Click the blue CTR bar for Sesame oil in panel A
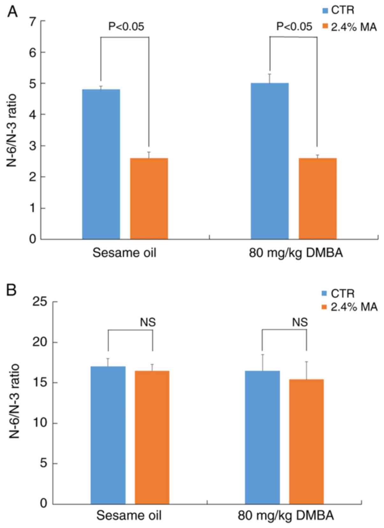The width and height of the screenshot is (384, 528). pos(101,164)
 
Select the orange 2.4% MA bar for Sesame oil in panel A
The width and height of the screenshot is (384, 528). pos(149,199)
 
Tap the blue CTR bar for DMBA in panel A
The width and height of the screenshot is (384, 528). pos(270,161)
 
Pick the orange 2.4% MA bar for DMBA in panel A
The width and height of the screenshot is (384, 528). pos(317,199)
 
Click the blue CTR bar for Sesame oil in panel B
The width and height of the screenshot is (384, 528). pos(108,435)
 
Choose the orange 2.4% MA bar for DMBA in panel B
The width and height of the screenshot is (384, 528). pos(306,441)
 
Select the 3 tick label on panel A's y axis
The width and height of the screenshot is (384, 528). pos(33,146)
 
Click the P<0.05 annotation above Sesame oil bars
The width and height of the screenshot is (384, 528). pos(126,26)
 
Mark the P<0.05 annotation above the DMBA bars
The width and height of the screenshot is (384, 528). pos(294,26)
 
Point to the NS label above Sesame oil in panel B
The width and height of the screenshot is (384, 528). pos(148,322)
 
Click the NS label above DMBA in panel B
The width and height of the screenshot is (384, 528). pos(300,322)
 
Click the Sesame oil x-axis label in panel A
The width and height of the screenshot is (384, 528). pos(125,253)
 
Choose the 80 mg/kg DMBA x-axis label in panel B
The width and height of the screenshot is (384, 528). pos(286,515)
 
